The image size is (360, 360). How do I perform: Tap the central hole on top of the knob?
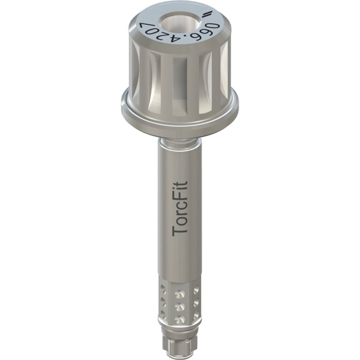(x=180, y=22)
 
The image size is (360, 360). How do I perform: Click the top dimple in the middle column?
(x=180, y=294)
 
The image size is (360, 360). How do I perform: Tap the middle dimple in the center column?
(x=180, y=306)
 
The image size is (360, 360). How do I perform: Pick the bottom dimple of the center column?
(x=180, y=319)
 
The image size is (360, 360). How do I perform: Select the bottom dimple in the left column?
(x=163, y=315)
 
